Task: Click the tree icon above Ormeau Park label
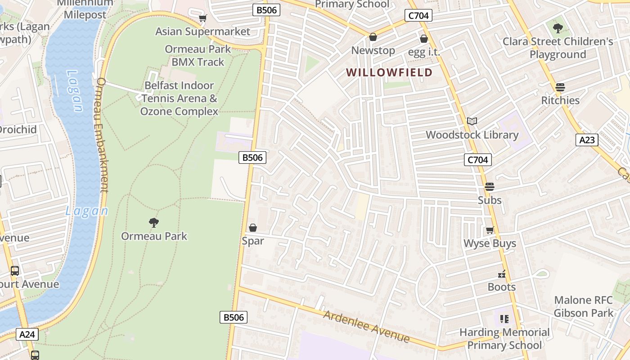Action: [x=154, y=222]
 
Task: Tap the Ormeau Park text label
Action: [x=154, y=236]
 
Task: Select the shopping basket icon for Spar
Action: [x=253, y=228]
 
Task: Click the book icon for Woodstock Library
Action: [x=472, y=121]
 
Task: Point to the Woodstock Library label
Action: [x=472, y=135]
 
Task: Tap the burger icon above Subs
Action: [x=489, y=186]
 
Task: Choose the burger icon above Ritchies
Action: [x=560, y=87]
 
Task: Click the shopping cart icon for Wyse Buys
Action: [x=490, y=230]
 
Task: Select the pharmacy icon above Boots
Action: [x=502, y=274]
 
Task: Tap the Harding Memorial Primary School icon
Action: [x=504, y=319]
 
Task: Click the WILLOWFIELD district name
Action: [x=389, y=72]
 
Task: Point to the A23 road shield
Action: [x=587, y=140]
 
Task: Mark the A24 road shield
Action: [x=27, y=334]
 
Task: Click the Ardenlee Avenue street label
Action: [x=366, y=326]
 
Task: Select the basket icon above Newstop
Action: [x=373, y=36]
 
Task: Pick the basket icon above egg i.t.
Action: [x=423, y=39]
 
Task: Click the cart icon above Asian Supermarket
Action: [x=203, y=18]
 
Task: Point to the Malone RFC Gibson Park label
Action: [x=583, y=306]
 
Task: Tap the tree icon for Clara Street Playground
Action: [x=558, y=28]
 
